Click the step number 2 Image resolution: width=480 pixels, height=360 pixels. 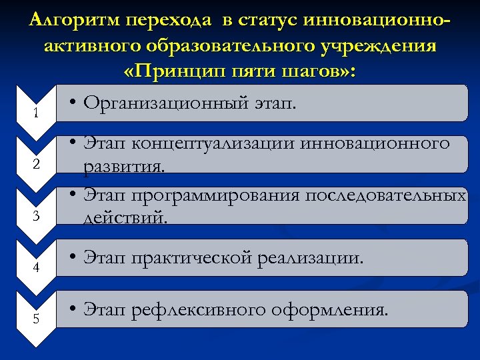36,165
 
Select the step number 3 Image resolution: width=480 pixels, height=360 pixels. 36,216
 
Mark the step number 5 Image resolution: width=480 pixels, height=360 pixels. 36,319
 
